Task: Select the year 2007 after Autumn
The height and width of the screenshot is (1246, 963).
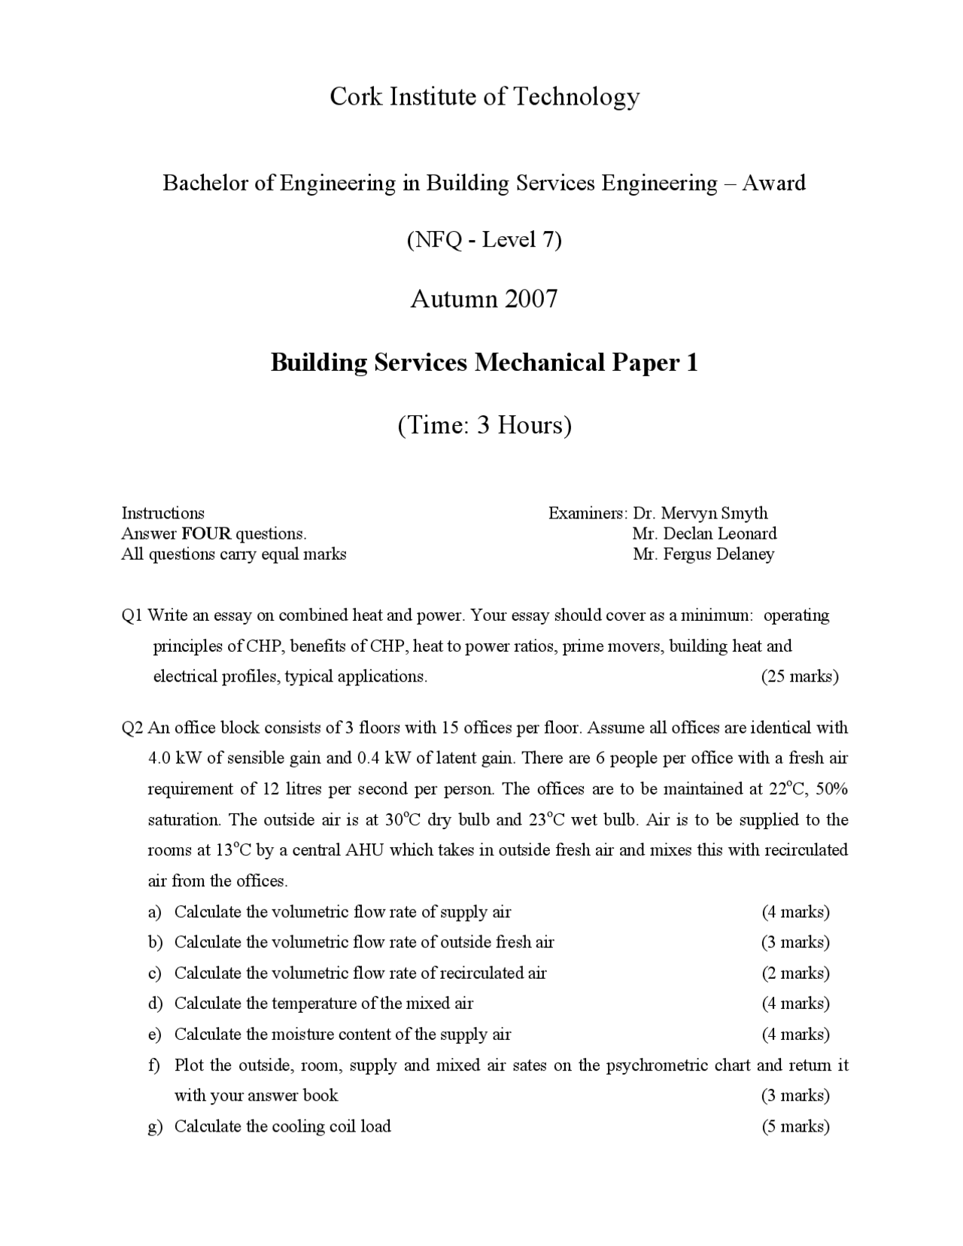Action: coord(531,299)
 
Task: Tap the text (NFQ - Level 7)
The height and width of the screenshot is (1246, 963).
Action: coord(484,240)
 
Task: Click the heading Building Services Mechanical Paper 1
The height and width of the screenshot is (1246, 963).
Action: coord(484,363)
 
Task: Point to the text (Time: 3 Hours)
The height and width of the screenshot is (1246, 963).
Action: coord(484,425)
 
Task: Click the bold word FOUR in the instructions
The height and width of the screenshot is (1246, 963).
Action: coord(206,534)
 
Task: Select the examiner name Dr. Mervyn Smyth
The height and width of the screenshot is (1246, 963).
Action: coord(700,513)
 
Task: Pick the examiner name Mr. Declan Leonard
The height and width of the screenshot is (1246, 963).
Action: coord(704,533)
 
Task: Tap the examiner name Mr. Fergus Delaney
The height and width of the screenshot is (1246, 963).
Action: coord(703,555)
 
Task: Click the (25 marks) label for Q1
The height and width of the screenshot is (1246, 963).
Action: coord(799,676)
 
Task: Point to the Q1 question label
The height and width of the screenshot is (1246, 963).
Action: coord(132,615)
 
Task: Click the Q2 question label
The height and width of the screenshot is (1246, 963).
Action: coord(132,728)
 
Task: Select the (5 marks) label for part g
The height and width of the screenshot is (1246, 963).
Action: coord(795,1126)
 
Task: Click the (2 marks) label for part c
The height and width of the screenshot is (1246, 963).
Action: coord(795,973)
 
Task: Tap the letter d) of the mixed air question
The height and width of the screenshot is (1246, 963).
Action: coord(155,1004)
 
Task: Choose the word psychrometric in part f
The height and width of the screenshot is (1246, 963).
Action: coord(656,1065)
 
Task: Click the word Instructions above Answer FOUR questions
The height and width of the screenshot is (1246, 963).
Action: coord(163,513)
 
